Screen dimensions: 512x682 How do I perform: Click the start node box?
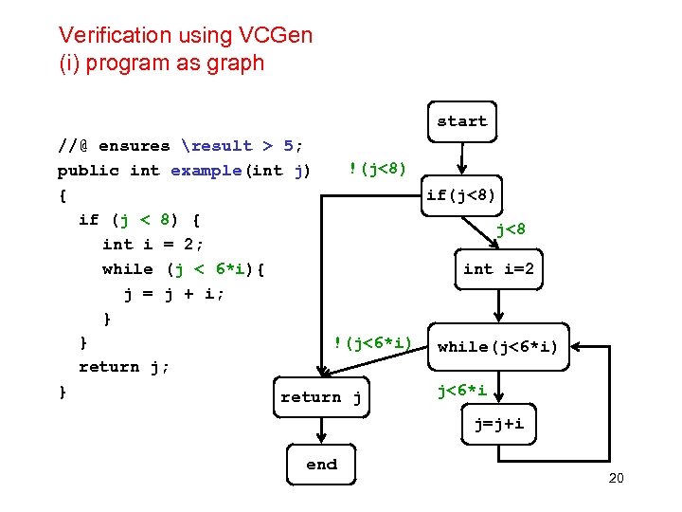pos(461,121)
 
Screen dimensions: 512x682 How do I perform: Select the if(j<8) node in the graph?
pos(461,195)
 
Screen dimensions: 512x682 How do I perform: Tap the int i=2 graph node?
pos(498,269)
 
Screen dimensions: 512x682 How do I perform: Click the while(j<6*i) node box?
pos(497,347)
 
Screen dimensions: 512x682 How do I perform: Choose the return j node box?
pos(320,397)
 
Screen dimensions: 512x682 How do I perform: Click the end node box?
pos(321,465)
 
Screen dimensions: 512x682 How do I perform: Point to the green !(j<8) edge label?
pos(377,169)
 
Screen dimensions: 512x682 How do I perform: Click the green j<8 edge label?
pos(511,229)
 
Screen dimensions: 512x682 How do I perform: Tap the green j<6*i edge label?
pos(462,391)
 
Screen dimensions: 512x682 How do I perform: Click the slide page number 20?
pos(616,478)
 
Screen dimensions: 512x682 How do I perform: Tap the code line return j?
pos(124,367)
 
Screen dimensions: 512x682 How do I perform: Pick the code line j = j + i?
pos(174,294)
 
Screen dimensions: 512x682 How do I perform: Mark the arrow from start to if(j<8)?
pos(461,158)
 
